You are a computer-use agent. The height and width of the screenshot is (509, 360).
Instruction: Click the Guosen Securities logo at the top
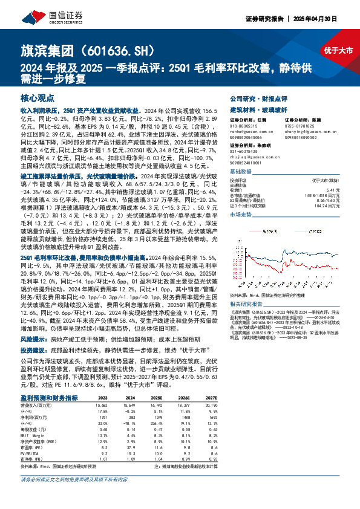(36, 14)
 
